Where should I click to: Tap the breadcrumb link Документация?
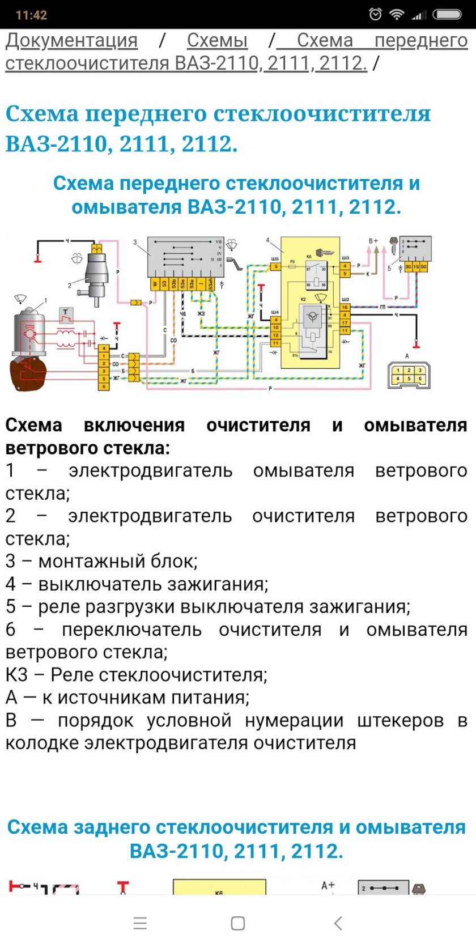pos(71,41)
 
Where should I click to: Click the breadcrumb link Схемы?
pos(217,41)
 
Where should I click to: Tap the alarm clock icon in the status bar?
pos(375,15)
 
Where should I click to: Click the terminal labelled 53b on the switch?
pos(173,284)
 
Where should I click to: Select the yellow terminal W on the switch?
pos(155,284)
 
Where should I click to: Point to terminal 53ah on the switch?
pos(210,284)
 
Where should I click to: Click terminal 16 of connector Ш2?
pos(345,307)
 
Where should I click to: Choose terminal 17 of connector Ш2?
pos(345,323)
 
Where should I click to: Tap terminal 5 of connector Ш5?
pos(275,266)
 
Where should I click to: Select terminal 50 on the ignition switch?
pos(424,266)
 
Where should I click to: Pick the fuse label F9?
pos(292,261)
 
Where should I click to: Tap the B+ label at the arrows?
pos(373,241)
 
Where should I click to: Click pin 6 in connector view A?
pos(420,379)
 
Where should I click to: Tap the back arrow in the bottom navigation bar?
pos(338,923)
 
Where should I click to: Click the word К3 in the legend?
pos(16,675)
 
